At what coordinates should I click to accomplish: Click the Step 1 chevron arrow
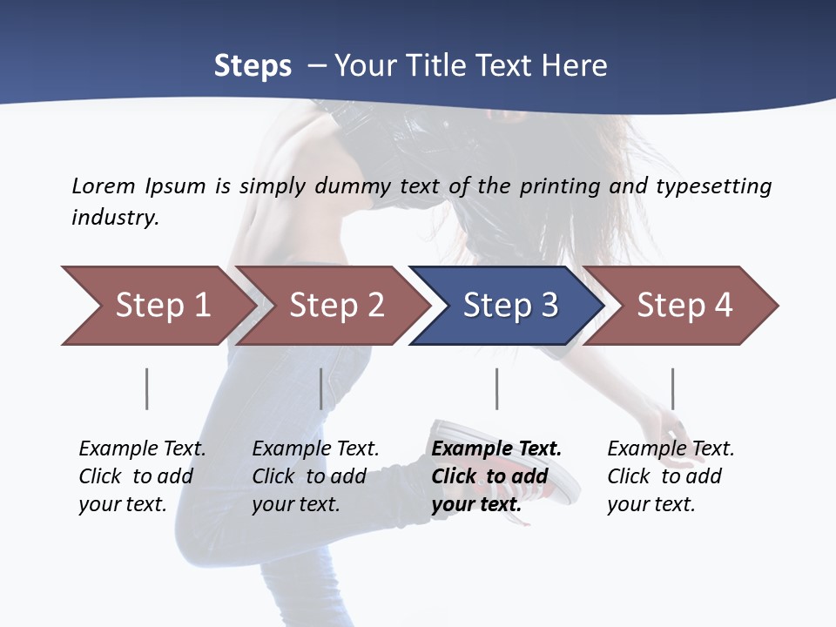point(157,306)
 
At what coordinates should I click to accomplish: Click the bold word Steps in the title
point(253,66)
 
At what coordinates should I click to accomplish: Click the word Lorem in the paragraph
point(103,185)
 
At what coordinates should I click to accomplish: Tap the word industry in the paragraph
point(115,217)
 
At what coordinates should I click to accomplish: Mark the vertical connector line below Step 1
point(147,388)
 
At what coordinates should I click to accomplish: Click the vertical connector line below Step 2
point(321,388)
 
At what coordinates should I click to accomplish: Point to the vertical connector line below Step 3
point(496,388)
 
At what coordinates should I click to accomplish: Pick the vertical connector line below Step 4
point(672,388)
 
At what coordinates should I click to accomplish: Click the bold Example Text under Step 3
point(496,449)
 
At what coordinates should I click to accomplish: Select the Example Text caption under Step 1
point(142,449)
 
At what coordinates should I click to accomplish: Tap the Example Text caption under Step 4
point(671,449)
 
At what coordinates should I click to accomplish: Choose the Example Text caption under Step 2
point(315,449)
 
